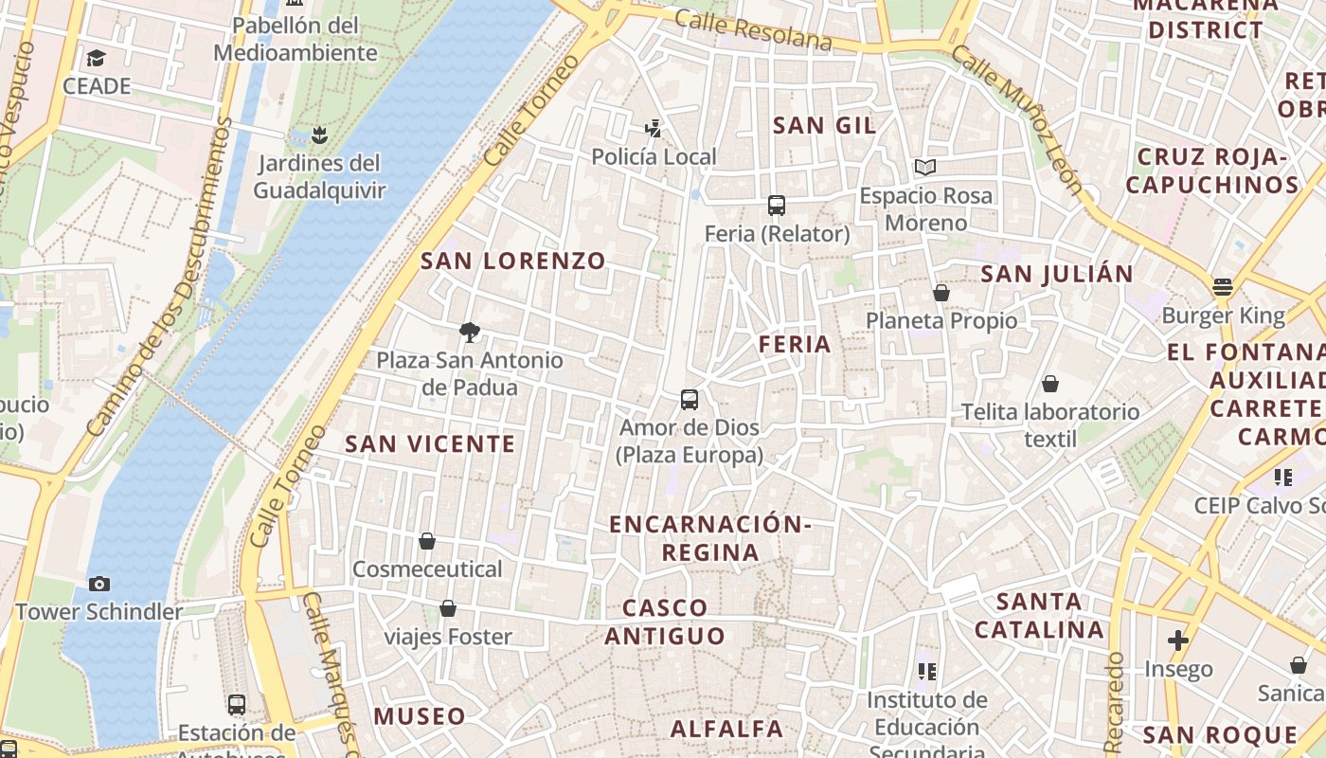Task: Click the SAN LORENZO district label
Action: coord(512,261)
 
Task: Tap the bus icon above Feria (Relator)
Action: coord(777,206)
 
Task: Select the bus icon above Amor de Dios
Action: coord(690,400)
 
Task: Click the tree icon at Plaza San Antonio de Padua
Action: coord(469,332)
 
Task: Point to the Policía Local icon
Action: coord(653,128)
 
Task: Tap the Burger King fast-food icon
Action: coord(1223,287)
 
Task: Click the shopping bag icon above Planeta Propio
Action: coord(941,293)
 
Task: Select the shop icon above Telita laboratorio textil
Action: coord(1049,384)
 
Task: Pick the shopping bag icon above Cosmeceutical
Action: coord(427,541)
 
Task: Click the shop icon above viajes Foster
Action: coord(448,608)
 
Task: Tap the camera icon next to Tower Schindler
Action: coord(99,584)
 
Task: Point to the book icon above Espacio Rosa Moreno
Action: coord(925,168)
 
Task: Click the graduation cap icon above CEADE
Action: coord(96,59)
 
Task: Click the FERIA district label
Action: coord(795,344)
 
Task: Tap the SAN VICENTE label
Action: coord(430,443)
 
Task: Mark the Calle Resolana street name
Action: coord(754,29)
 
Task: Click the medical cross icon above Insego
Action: coord(1177,641)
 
